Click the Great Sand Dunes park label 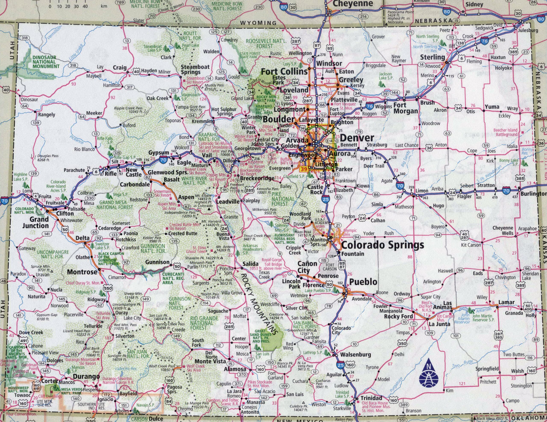pos(262,336)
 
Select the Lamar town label pos(506,302)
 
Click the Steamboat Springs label pos(192,70)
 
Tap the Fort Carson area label pos(330,267)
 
